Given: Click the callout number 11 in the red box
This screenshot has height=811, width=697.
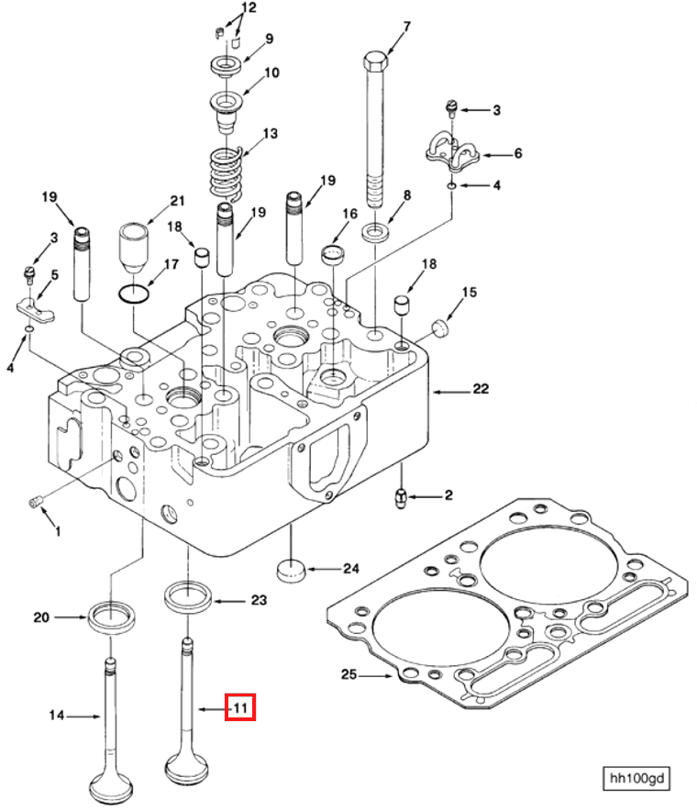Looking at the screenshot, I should pos(240,707).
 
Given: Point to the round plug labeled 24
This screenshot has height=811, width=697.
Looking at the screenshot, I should pos(293,569).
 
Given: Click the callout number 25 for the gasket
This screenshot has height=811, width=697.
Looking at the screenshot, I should pos(348,676).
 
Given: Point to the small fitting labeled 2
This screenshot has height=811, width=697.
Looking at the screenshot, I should pos(401,498).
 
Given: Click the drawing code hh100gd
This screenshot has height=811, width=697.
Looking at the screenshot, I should pos(635,779).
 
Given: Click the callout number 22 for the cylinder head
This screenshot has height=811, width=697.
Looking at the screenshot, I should pos(481,391).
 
